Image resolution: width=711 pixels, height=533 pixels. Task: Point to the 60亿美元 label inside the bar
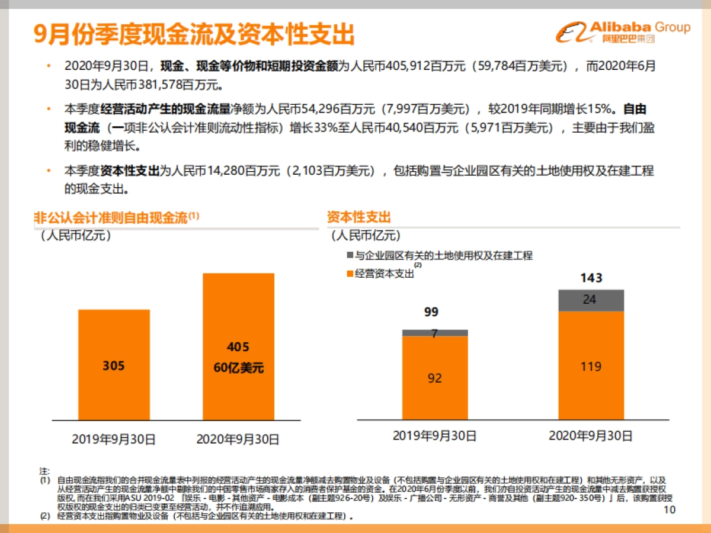(x=238, y=368)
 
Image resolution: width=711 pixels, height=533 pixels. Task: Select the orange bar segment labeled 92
(x=435, y=378)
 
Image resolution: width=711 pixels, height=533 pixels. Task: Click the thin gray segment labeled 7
(x=435, y=333)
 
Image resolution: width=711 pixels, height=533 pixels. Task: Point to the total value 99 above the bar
(x=431, y=312)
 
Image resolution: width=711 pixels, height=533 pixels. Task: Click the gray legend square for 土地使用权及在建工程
(x=349, y=256)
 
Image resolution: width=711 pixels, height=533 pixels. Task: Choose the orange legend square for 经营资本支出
(x=349, y=274)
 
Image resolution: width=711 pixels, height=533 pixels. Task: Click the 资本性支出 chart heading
(x=359, y=217)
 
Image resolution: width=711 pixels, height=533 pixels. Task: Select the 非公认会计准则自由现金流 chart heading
(x=113, y=217)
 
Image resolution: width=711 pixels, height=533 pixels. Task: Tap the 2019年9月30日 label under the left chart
(x=114, y=439)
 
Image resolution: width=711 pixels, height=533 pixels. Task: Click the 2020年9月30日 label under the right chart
(x=591, y=436)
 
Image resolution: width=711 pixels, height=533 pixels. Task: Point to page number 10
(x=670, y=510)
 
